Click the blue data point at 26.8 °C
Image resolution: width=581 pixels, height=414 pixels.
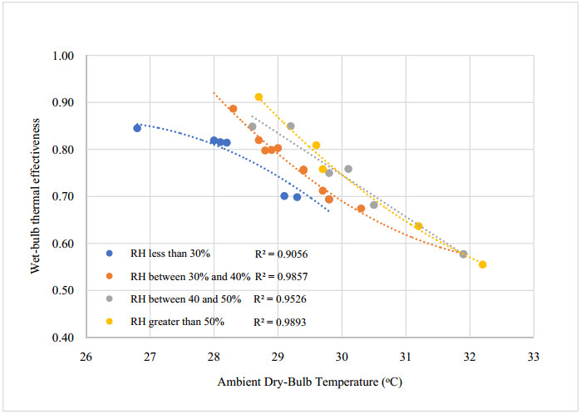click(137, 128)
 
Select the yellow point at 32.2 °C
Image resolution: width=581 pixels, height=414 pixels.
click(482, 264)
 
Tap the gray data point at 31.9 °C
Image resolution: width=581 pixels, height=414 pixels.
click(463, 254)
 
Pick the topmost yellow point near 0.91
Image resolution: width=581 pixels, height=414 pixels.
click(258, 97)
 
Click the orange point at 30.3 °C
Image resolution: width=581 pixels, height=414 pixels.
click(361, 209)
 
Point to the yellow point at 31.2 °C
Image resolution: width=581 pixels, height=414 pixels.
click(418, 226)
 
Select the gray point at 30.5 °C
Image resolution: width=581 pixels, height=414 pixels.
click(373, 205)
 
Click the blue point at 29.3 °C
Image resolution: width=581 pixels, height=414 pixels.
click(297, 197)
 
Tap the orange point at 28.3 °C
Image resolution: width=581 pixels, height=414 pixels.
click(233, 109)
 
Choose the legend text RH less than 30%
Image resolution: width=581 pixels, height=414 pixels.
click(170, 253)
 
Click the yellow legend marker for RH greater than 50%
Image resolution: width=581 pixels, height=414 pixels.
click(111, 321)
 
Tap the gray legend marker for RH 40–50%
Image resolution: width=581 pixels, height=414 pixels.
click(111, 298)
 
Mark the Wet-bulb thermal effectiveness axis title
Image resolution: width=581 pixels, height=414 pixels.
click(34, 196)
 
